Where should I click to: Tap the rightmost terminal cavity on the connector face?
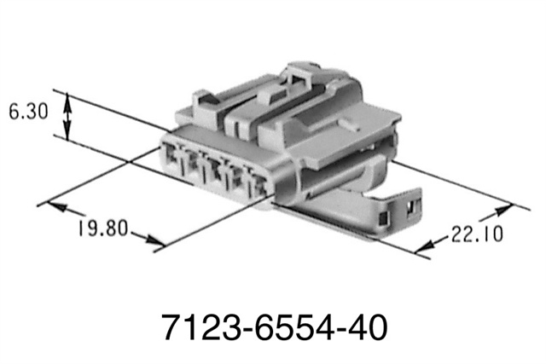[253, 182]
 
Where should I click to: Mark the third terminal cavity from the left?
[229, 173]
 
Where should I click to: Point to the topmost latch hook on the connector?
[302, 74]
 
